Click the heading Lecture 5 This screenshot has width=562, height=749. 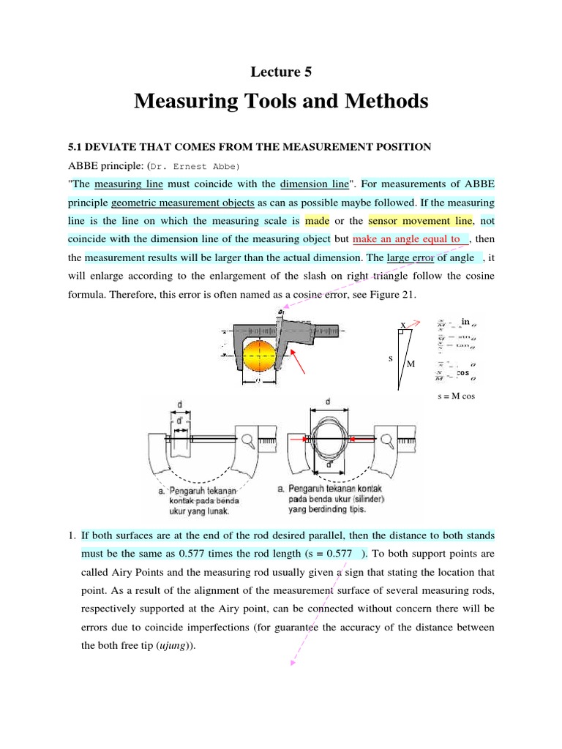coord(281,71)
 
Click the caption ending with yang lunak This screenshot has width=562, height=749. coord(203,502)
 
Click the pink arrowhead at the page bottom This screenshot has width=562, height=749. coord(293,663)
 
